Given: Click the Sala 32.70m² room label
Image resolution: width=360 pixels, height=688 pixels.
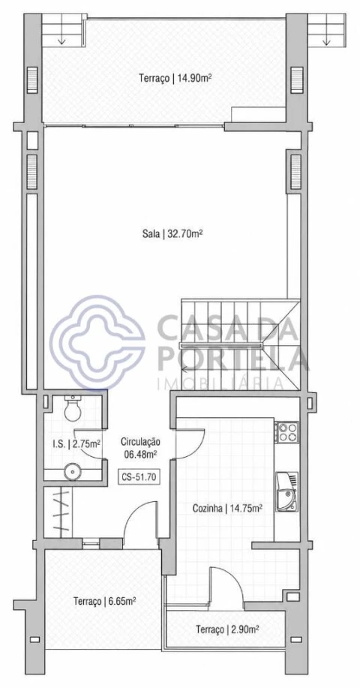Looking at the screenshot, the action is pos(172,234).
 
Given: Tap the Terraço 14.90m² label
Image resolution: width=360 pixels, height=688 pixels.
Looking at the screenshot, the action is pos(175,79).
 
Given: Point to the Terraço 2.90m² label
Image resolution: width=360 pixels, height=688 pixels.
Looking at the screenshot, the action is pos(226,629).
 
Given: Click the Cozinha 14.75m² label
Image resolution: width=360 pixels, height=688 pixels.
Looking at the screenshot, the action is pos(227,509).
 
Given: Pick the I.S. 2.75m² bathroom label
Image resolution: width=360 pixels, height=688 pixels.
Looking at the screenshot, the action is pos(76,443).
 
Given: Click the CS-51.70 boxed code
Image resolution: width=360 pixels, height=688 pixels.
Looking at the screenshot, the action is pos(139,477).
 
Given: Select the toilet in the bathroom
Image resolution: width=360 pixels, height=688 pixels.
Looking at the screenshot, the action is pos(72,407).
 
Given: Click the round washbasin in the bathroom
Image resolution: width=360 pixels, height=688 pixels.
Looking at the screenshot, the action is pos(71,472).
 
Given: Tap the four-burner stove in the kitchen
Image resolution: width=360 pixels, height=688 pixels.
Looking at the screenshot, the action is pos(287,431).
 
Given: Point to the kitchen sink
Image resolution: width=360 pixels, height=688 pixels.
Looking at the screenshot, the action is pos(286,491).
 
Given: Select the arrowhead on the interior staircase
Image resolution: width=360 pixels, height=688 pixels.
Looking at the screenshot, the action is pos(186,368).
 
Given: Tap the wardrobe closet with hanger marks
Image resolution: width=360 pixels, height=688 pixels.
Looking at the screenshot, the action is pos(58,512).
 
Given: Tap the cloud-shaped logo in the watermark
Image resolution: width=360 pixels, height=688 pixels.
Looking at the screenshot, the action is pos(97,342).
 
